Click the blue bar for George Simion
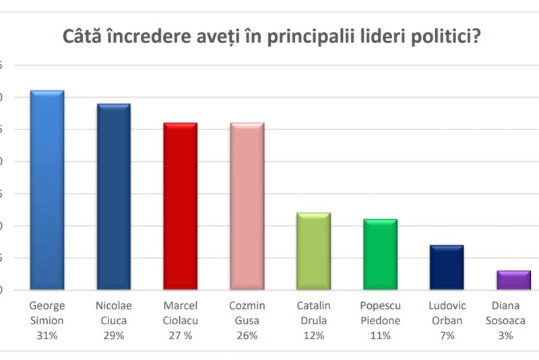click(x=47, y=190)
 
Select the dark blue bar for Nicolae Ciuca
click(x=113, y=197)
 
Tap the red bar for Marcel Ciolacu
click(x=180, y=206)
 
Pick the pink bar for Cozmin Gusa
click(x=247, y=206)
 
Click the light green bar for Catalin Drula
click(x=313, y=251)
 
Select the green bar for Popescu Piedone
click(x=380, y=255)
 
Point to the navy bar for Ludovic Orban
click(x=447, y=268)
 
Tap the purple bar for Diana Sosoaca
click(x=513, y=280)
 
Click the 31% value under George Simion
click(x=47, y=334)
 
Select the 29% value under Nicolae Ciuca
click(x=114, y=334)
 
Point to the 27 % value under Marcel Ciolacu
click(x=180, y=334)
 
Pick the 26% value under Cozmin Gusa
click(x=247, y=334)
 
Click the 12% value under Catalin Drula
click(x=313, y=334)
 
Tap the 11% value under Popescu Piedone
click(x=380, y=334)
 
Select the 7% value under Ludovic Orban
click(x=447, y=334)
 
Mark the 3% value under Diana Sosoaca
click(x=513, y=334)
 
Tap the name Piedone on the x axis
click(x=380, y=321)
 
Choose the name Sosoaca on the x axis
click(x=513, y=321)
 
